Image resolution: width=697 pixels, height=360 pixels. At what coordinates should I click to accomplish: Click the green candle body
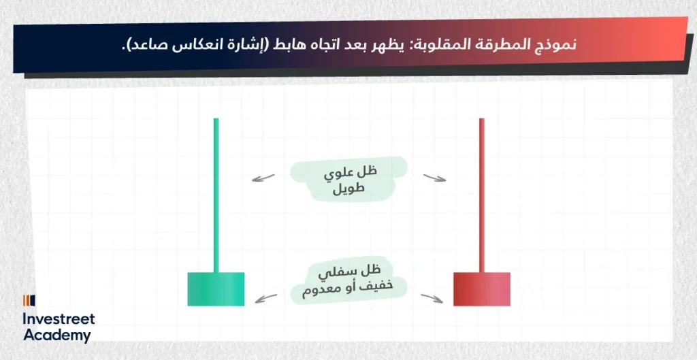[216, 289]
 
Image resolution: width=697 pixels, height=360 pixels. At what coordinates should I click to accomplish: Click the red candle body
[482, 289]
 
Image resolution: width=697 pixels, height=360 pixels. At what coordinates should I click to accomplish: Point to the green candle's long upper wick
[216, 195]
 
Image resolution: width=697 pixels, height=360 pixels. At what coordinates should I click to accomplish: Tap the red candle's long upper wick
[482, 195]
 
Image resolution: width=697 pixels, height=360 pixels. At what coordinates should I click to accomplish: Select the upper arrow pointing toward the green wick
[263, 178]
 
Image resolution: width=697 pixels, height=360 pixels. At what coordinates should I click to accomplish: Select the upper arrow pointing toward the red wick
[434, 178]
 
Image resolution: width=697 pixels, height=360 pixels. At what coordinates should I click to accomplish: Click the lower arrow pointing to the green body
[266, 299]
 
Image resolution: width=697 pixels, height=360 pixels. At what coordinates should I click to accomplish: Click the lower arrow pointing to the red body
[432, 299]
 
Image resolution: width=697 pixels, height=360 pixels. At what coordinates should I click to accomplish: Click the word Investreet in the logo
[59, 318]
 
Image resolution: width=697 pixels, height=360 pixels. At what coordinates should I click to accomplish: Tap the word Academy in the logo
[57, 335]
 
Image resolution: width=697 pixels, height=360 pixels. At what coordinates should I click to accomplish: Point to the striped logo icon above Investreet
[29, 301]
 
